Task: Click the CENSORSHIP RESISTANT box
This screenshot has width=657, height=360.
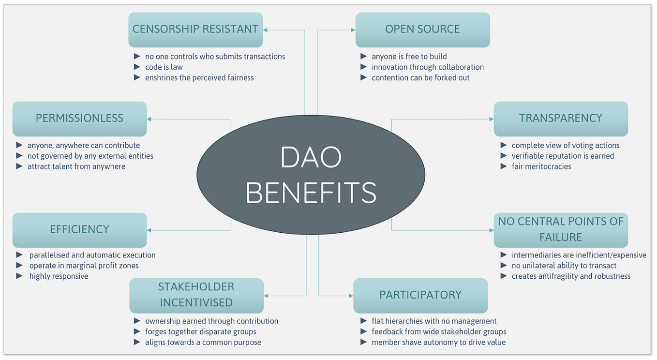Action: click(195, 30)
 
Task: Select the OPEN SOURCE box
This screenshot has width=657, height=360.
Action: click(422, 30)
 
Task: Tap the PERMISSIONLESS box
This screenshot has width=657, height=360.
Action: click(79, 119)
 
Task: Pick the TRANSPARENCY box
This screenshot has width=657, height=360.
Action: click(561, 119)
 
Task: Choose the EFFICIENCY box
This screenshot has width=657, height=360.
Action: click(79, 230)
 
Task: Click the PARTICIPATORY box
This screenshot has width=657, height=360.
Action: click(420, 295)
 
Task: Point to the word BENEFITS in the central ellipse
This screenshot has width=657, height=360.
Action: click(311, 192)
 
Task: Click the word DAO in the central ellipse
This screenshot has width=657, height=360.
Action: click(311, 157)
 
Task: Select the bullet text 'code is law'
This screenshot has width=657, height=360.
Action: click(164, 67)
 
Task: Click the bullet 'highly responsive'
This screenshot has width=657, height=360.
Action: click(59, 276)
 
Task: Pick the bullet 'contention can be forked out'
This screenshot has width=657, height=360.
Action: click(420, 78)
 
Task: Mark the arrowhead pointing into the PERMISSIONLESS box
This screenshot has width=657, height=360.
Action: click(149, 119)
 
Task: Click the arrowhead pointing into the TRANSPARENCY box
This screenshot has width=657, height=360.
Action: click(491, 119)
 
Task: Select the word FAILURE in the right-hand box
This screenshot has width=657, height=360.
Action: click(561, 238)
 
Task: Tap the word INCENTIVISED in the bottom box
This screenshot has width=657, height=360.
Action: click(196, 303)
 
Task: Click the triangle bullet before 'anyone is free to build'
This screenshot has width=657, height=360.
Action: click(364, 57)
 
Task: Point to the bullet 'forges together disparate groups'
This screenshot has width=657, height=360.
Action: click(201, 332)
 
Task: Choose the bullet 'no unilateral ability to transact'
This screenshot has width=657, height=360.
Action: click(564, 266)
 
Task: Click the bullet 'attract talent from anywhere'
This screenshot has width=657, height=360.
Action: click(76, 166)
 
